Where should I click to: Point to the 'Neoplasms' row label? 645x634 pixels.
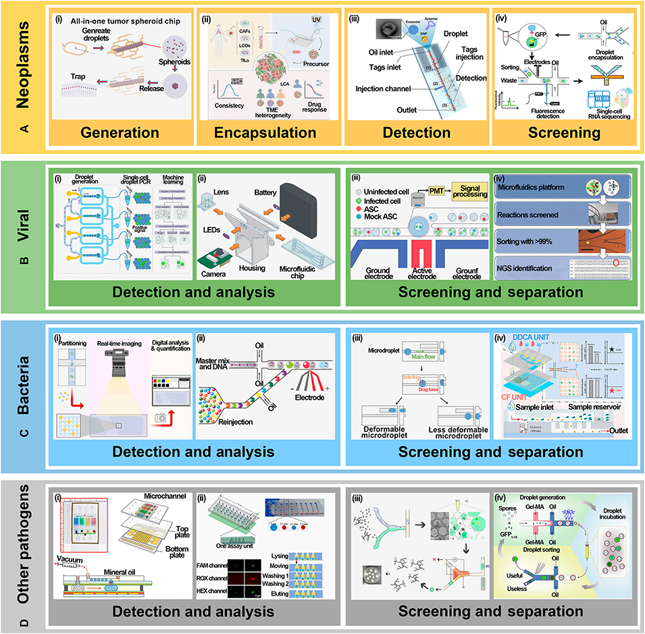click(24, 68)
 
